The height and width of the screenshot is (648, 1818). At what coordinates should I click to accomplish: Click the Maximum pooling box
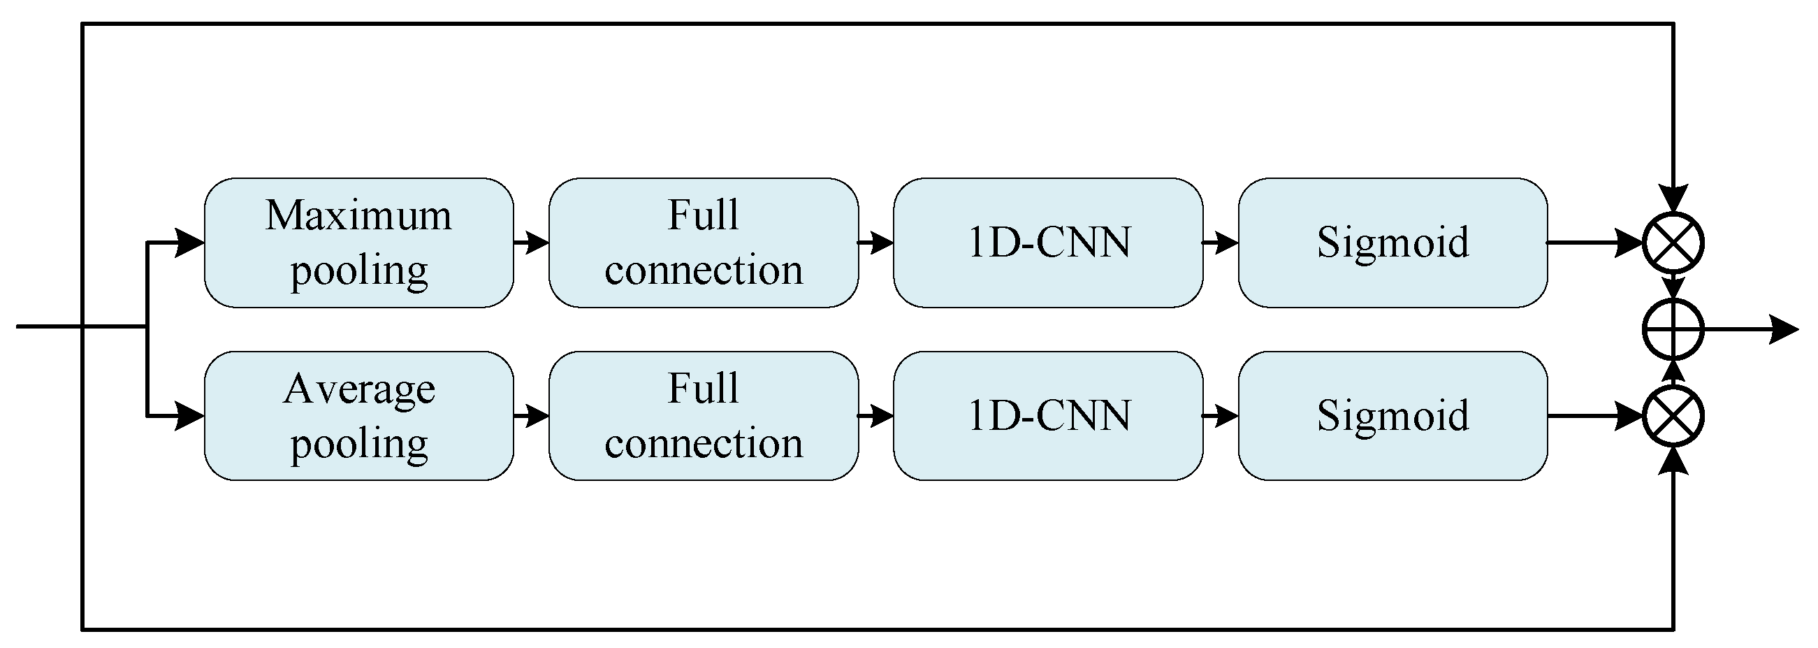tap(358, 242)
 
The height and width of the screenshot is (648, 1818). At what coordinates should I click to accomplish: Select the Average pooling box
tap(358, 416)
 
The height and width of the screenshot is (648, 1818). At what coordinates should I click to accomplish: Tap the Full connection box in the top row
tap(704, 242)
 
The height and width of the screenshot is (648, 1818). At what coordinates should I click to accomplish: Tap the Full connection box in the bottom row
tap(704, 416)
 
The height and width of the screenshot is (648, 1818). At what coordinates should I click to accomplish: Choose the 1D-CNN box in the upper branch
tap(1048, 242)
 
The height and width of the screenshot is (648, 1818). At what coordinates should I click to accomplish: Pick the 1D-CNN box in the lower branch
tap(1048, 416)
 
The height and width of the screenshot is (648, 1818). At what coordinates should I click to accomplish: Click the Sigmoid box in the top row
tap(1392, 242)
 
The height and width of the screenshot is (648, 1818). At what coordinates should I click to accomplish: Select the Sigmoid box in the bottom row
tap(1392, 416)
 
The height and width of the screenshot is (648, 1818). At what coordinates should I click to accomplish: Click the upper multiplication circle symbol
tap(1673, 242)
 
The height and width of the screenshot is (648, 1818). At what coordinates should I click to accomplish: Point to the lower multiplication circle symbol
tap(1673, 416)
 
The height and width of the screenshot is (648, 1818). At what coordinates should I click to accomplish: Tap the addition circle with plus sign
tap(1673, 329)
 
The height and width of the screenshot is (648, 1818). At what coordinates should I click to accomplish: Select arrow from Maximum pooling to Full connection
tap(532, 242)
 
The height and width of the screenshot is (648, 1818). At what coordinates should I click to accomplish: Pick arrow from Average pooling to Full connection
tap(532, 416)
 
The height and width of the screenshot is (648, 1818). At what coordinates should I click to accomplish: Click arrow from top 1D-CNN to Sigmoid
tap(1220, 242)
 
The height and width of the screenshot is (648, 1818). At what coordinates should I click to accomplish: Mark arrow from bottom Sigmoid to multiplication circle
tap(1595, 416)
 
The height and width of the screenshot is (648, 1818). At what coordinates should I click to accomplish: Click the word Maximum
tap(358, 215)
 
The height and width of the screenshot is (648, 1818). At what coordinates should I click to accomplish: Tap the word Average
tap(358, 389)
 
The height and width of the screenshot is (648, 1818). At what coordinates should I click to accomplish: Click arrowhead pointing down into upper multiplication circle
tap(1673, 198)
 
